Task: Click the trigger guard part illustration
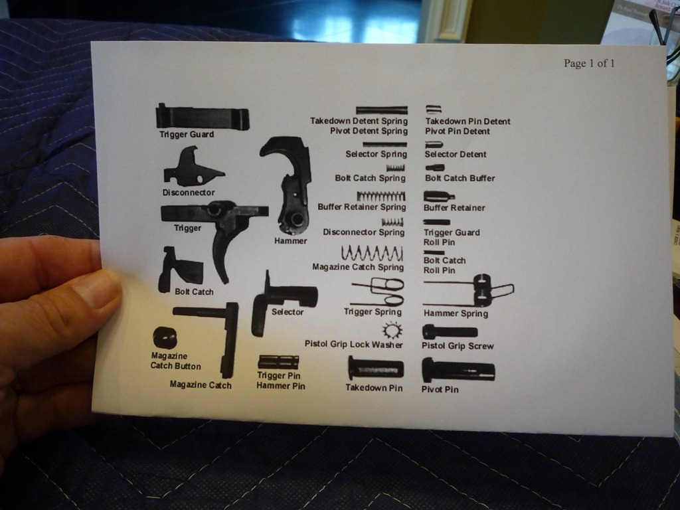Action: pyautogui.click(x=202, y=117)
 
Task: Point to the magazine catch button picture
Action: pyautogui.click(x=165, y=338)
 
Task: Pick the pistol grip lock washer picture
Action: pyautogui.click(x=392, y=331)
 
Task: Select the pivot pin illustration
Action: pyautogui.click(x=458, y=371)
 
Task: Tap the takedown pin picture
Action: pyautogui.click(x=376, y=369)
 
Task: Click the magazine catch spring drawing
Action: pyautogui.click(x=372, y=253)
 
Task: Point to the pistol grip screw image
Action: pyautogui.click(x=450, y=332)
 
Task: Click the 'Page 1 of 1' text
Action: pyautogui.click(x=589, y=63)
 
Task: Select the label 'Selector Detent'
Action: pyautogui.click(x=456, y=154)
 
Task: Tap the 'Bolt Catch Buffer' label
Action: pyautogui.click(x=460, y=178)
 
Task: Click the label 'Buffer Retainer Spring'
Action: pyautogui.click(x=362, y=207)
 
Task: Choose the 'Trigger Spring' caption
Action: pyautogui.click(x=373, y=312)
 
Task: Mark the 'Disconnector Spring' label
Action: pyautogui.click(x=363, y=232)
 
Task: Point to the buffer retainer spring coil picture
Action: pyautogui.click(x=381, y=197)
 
